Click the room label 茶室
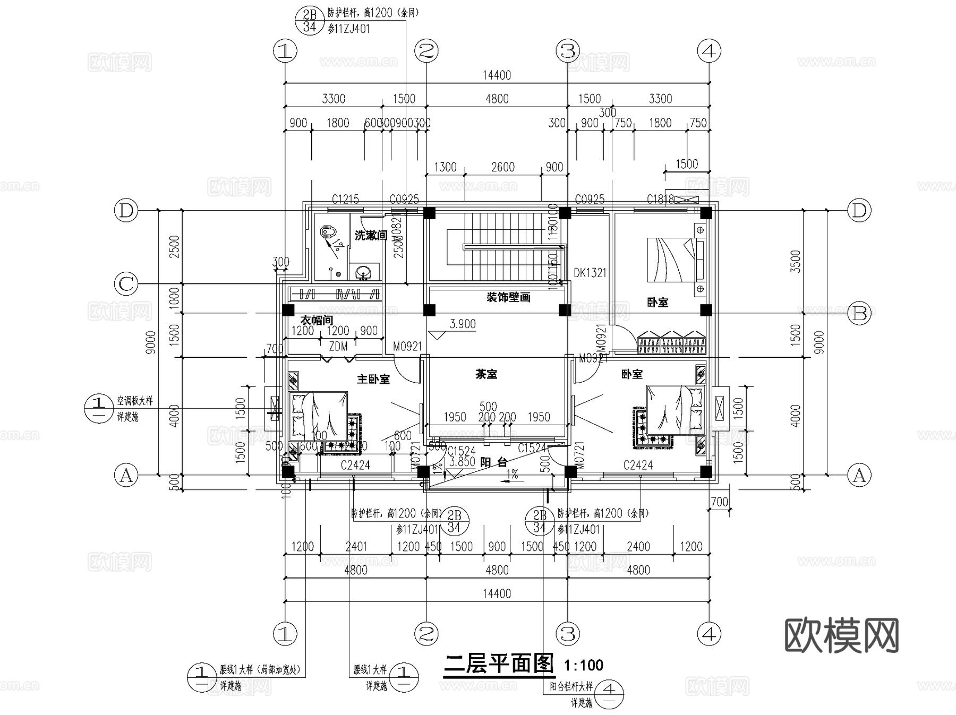click(486, 374)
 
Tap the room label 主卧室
click(373, 379)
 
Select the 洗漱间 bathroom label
click(370, 236)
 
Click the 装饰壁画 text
click(508, 297)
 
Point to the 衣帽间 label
click(317, 320)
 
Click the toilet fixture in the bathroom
click(329, 233)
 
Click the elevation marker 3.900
click(462, 324)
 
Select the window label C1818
click(660, 200)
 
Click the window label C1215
click(345, 200)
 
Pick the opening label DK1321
click(590, 273)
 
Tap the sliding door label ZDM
click(338, 347)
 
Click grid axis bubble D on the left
click(126, 211)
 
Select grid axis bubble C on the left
click(126, 284)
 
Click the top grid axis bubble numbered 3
click(568, 51)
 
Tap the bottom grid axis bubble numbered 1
click(285, 633)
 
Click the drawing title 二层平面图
click(499, 664)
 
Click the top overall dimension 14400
click(497, 75)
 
